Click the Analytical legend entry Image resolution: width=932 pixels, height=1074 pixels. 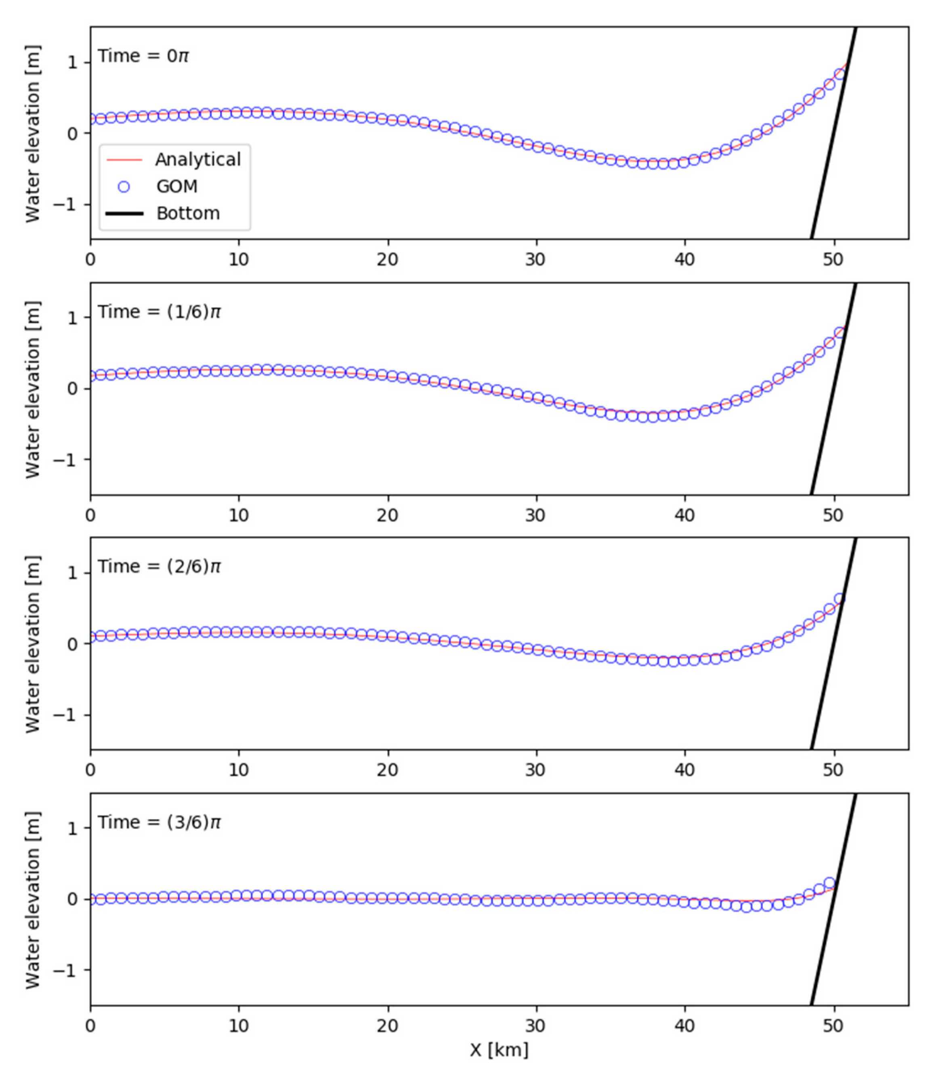[197, 159]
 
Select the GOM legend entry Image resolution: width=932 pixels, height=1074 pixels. [177, 186]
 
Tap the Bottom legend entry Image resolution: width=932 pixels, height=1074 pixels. [188, 213]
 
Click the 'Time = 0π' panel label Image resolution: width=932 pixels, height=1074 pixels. [143, 56]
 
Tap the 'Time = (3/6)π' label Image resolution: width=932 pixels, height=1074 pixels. [160, 822]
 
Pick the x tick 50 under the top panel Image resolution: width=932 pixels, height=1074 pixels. [833, 259]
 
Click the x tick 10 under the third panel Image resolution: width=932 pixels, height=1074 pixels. [239, 770]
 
